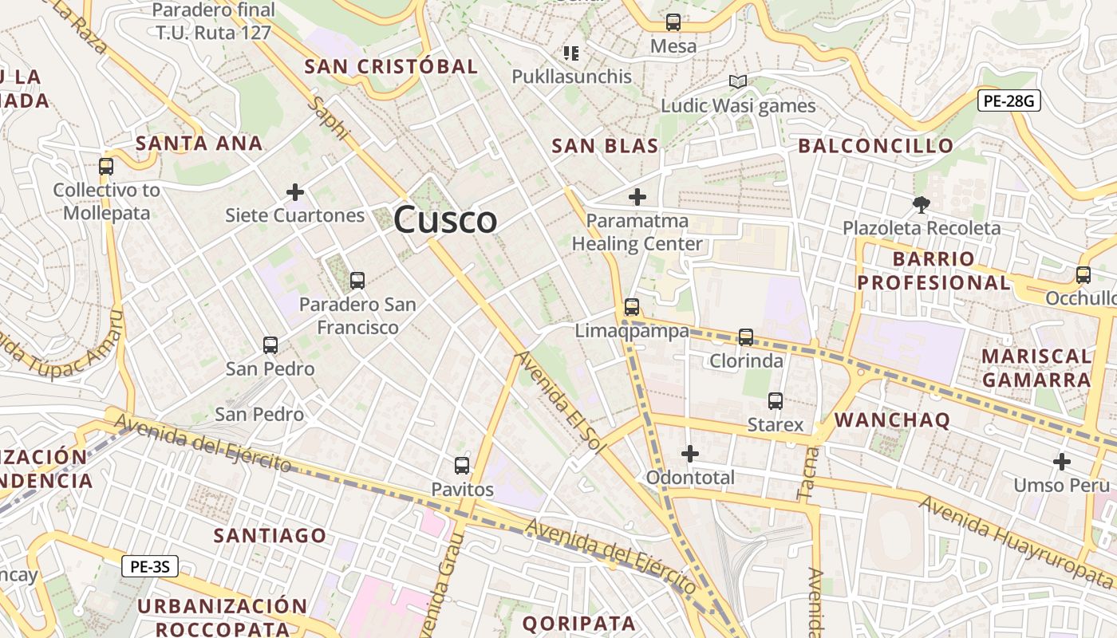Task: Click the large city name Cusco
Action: click(445, 219)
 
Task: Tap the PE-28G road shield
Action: click(1008, 100)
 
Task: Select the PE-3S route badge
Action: click(149, 567)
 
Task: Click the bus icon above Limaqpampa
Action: click(632, 306)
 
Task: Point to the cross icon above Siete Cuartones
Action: click(295, 192)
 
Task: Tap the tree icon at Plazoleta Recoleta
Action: click(921, 205)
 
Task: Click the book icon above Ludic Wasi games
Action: click(738, 81)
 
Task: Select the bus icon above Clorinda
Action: click(746, 337)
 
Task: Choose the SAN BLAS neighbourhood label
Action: click(606, 146)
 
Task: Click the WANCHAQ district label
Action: click(892, 420)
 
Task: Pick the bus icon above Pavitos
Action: click(462, 466)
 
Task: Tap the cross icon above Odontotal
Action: click(690, 454)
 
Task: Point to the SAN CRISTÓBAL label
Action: click(391, 67)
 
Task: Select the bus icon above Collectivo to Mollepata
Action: click(106, 167)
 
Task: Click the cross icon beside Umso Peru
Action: click(1062, 462)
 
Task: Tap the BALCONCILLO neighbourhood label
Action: click(875, 146)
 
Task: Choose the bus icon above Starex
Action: click(776, 401)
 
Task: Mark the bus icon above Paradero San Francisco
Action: click(357, 281)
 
